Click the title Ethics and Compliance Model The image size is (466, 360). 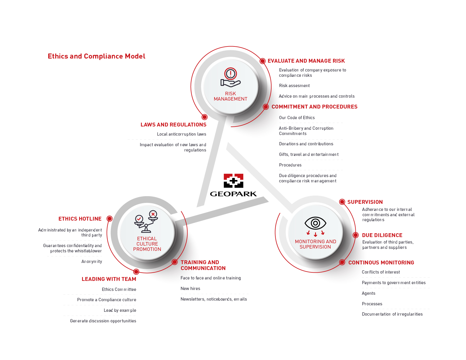96,56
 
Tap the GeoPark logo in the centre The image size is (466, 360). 233,185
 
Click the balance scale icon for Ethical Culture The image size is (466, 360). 146,221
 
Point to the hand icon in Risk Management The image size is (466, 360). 231,77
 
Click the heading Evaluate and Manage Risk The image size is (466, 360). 306,61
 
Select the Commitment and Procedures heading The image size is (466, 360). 314,107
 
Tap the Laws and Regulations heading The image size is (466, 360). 173,125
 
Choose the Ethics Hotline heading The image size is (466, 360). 80,219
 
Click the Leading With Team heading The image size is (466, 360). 109,279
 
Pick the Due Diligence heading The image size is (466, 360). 382,235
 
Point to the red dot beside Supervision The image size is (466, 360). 342,202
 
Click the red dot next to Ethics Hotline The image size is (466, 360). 109,219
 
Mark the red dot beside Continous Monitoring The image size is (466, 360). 342,262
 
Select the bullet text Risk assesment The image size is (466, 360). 294,86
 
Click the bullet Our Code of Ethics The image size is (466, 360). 297,117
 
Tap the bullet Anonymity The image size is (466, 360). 91,261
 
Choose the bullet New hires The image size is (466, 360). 190,289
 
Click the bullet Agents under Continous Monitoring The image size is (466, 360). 368,293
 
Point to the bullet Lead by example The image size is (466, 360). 120,310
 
